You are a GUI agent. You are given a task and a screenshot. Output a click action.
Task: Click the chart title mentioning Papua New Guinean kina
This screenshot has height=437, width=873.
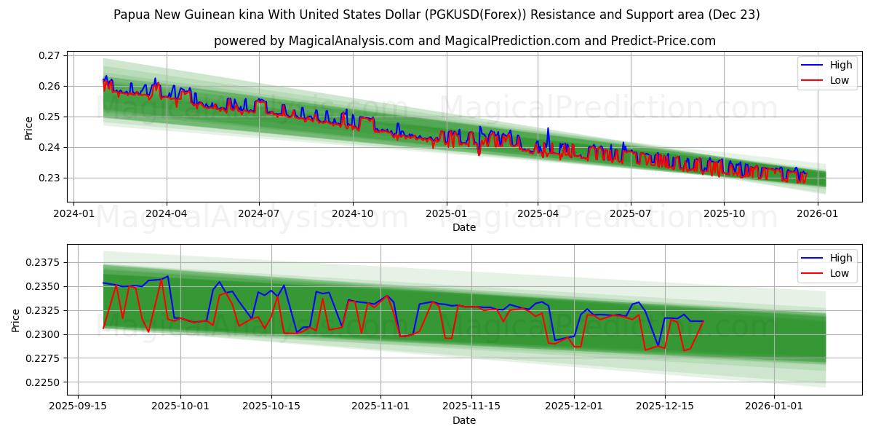point(436,15)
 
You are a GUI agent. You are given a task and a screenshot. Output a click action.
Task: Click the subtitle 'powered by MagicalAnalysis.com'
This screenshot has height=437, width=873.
point(464,41)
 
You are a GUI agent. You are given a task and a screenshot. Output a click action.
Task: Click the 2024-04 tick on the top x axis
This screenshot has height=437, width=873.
point(167,214)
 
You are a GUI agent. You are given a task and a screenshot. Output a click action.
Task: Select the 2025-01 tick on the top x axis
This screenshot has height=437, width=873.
point(445,214)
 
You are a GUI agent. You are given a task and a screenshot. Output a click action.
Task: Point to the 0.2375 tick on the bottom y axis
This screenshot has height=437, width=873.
point(44,262)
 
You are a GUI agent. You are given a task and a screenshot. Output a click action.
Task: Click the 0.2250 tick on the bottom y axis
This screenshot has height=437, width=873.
point(44,382)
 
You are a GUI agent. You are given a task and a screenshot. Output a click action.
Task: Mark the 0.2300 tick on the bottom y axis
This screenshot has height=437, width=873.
point(44,334)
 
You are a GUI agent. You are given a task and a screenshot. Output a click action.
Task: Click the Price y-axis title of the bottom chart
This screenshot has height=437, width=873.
point(16,320)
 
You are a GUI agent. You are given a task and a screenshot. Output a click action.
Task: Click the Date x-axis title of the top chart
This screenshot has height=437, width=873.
point(464,227)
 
